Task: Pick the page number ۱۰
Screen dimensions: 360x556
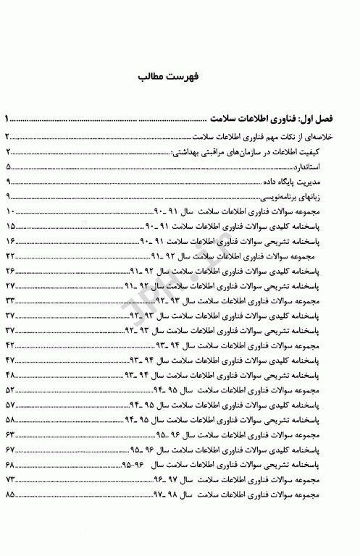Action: (10, 213)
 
